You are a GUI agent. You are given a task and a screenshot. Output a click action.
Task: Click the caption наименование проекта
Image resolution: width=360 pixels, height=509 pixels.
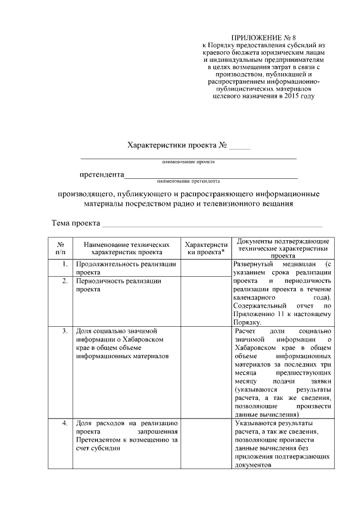click(x=188, y=161)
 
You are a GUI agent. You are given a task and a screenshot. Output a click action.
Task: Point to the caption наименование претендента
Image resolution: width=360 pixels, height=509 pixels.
click(x=188, y=181)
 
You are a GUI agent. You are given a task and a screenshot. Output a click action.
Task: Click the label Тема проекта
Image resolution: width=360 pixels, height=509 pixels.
click(x=76, y=223)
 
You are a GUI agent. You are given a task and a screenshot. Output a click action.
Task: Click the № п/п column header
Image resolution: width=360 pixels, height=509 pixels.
click(x=60, y=249)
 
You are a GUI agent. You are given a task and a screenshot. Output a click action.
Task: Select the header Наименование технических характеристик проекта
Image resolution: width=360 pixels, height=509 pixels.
click(x=127, y=249)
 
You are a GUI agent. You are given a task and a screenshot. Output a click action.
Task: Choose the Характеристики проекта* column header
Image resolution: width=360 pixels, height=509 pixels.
click(x=206, y=249)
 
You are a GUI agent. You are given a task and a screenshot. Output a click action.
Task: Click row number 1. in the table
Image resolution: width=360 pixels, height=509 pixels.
click(x=65, y=264)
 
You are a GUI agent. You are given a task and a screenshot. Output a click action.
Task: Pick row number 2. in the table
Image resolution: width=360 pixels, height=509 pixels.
click(x=65, y=281)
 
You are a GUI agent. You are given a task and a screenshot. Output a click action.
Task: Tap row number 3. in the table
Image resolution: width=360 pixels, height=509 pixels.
click(x=65, y=331)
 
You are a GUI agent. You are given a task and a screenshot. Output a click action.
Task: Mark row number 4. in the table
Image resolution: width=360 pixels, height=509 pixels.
click(x=65, y=423)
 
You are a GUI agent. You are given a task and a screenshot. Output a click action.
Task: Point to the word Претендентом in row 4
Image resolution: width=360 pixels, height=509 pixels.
click(x=102, y=440)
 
